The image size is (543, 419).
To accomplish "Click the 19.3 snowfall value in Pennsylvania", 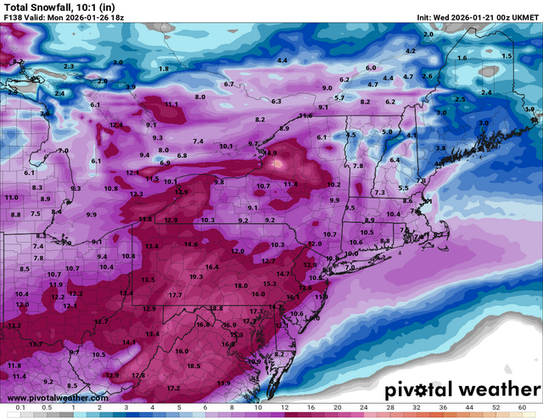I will click(x=196, y=277).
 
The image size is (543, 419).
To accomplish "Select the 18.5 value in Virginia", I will click(x=193, y=366).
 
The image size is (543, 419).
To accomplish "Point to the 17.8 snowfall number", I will click(x=138, y=375).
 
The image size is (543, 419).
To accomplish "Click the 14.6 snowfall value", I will click(x=190, y=245).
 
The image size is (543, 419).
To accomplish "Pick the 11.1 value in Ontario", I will click(x=172, y=104).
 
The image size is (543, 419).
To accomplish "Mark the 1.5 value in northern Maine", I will click(x=507, y=56).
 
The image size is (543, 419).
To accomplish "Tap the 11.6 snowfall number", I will click(x=306, y=115).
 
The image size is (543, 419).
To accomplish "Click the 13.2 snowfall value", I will click(x=14, y=326).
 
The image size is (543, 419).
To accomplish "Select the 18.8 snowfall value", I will click(x=216, y=309).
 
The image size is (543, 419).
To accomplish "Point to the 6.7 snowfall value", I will click(x=228, y=85).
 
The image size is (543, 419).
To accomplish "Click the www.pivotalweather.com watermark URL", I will click(x=58, y=397).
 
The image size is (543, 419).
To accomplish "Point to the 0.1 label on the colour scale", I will click(x=19, y=408).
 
